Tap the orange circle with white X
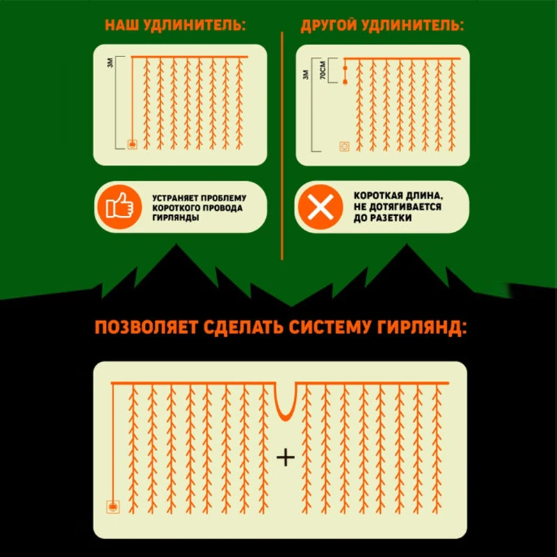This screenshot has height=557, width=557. [x=320, y=207]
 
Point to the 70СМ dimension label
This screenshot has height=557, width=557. [x=320, y=73]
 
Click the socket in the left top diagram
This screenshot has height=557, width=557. [x=132, y=145]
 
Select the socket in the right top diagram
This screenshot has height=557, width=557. [x=343, y=146]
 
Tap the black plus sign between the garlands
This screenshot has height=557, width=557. [x=286, y=457]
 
